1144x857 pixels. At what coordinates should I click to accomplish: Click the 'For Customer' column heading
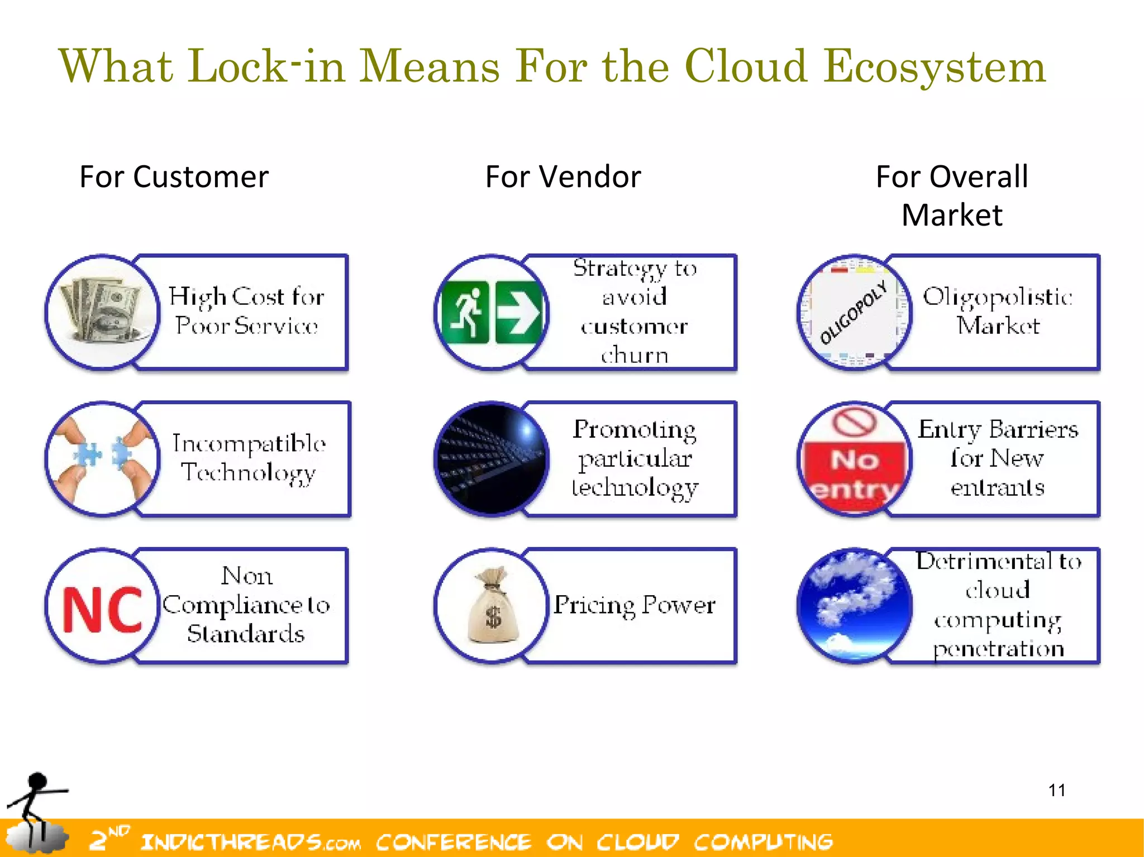pyautogui.click(x=174, y=177)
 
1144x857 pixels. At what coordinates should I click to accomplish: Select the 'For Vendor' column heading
pyautogui.click(x=563, y=177)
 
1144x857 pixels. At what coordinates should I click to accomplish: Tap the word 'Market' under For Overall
pyautogui.click(x=952, y=216)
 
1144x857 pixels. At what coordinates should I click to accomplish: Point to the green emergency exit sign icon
pyautogui.click(x=491, y=313)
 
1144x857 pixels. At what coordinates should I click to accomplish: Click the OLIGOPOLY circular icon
pyautogui.click(x=854, y=313)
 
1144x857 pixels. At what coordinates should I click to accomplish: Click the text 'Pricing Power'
pyautogui.click(x=634, y=605)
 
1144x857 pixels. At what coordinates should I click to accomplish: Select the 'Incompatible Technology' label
pyautogui.click(x=249, y=458)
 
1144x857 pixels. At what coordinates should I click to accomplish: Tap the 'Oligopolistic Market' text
pyautogui.click(x=998, y=312)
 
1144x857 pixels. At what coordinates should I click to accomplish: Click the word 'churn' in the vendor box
pyautogui.click(x=635, y=355)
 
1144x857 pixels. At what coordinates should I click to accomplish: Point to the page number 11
pyautogui.click(x=1056, y=791)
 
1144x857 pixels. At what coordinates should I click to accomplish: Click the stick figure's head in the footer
pyautogui.click(x=37, y=781)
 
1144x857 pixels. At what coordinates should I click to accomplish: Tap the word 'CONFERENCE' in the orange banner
pyautogui.click(x=453, y=842)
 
